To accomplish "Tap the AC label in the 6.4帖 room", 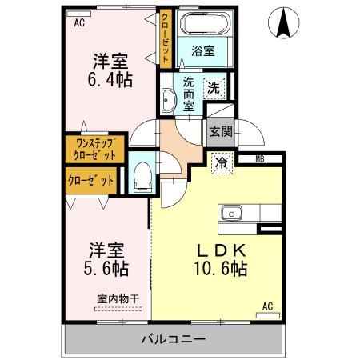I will tap(79, 22).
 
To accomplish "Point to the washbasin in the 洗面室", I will tap(168, 101).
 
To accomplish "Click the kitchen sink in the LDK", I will tap(232, 213).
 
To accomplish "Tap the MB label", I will tap(259, 159).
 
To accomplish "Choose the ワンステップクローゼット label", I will tap(94, 150).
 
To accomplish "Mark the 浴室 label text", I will tap(203, 52).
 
